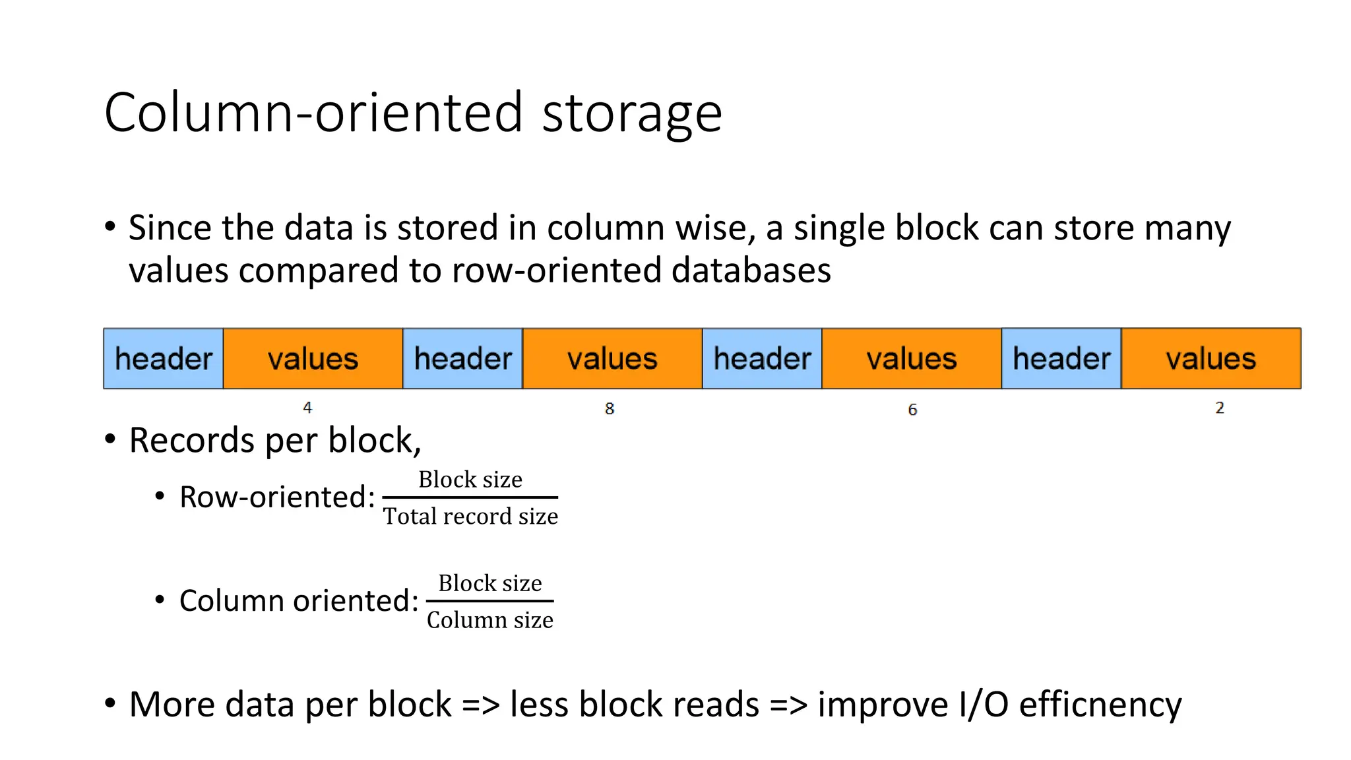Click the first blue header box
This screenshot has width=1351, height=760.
[163, 359]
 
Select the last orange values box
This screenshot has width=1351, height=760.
[1210, 359]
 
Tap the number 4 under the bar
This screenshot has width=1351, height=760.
[307, 408]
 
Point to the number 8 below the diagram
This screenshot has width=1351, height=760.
[610, 409]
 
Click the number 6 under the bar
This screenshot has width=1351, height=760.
[912, 410]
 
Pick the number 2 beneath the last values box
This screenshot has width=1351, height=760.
[1220, 408]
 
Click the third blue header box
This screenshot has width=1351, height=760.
[762, 359]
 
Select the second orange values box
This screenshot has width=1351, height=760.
[612, 359]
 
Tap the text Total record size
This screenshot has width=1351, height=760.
[470, 516]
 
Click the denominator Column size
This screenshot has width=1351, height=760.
[489, 620]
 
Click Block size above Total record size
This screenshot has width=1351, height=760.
[470, 480]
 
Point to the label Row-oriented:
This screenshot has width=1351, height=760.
[277, 497]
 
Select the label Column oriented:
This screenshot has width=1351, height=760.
[299, 601]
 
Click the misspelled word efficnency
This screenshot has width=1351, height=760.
[1100, 705]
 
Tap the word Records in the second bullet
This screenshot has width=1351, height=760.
[191, 440]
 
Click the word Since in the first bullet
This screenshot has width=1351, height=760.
[170, 228]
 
